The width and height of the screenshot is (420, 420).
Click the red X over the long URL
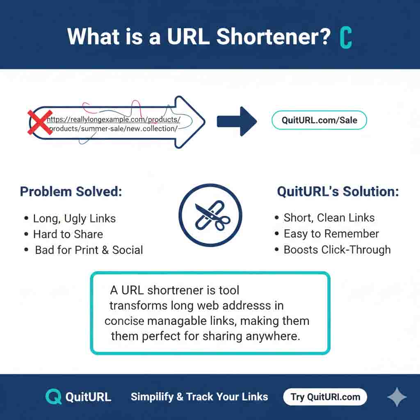pos(40,122)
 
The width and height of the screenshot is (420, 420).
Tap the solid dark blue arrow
pos(237,121)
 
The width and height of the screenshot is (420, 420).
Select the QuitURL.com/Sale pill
pos(319,120)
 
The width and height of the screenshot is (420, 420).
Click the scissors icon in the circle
pos(210,215)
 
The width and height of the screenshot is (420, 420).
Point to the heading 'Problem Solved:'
pos(71,192)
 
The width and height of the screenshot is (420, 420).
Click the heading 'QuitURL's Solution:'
pos(338,192)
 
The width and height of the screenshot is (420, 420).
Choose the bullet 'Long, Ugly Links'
pos(74,219)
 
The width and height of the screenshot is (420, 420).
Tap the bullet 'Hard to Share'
pos(68,234)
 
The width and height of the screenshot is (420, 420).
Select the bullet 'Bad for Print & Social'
pos(89,250)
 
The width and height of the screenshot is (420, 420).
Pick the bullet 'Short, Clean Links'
pos(329,218)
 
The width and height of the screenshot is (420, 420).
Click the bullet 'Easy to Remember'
pos(331,234)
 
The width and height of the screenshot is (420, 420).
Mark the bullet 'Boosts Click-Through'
pos(337,250)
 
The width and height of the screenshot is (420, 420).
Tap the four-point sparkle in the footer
pos(397,397)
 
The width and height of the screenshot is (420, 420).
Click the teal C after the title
pos(346,38)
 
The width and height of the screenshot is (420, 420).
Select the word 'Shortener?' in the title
pos(274,37)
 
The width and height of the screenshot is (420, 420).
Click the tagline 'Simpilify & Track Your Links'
pos(199,397)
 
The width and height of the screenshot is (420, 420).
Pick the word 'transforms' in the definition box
pos(138,306)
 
